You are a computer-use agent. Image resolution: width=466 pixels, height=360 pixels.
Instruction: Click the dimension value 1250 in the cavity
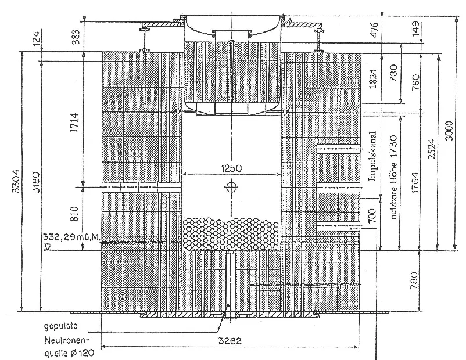pos(231,168)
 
